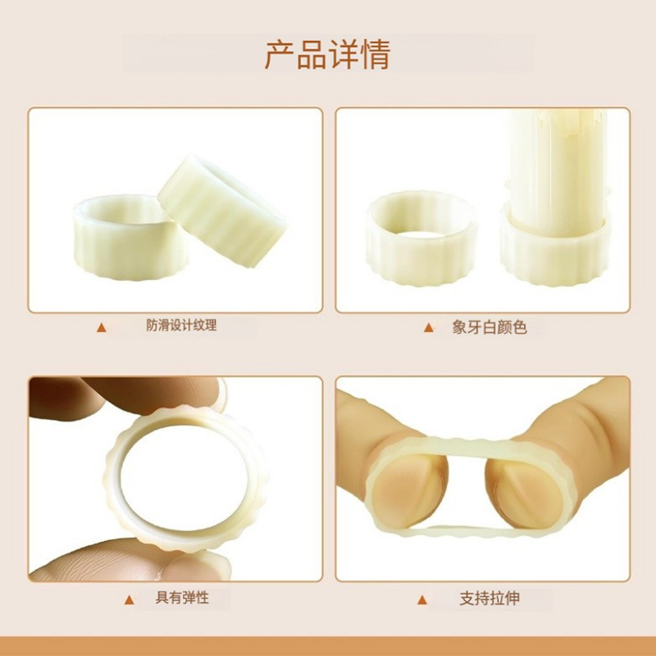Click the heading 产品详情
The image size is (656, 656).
pyautogui.click(x=327, y=54)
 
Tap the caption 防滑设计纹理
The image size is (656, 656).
pyautogui.click(x=181, y=326)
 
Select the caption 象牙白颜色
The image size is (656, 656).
pyautogui.click(x=490, y=327)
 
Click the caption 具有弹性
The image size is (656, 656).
pyautogui.click(x=182, y=598)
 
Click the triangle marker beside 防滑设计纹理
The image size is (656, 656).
pyautogui.click(x=102, y=327)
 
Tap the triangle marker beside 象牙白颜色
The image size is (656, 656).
pyautogui.click(x=427, y=327)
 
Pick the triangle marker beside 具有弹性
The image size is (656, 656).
pyautogui.click(x=128, y=599)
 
